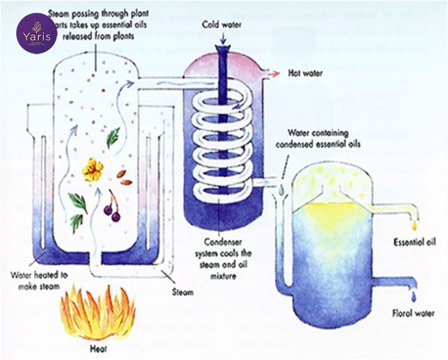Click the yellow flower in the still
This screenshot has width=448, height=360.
point(93,170)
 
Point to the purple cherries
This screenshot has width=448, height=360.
point(111,211)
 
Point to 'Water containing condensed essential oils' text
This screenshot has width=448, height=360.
point(319,137)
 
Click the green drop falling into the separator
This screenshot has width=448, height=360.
point(281,190)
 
